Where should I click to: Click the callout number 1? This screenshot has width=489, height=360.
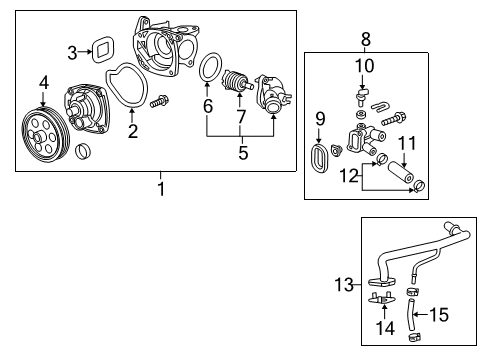(x=159, y=187)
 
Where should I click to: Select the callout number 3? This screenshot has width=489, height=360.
(x=72, y=52)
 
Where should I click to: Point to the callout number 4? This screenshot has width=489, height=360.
(x=43, y=82)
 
